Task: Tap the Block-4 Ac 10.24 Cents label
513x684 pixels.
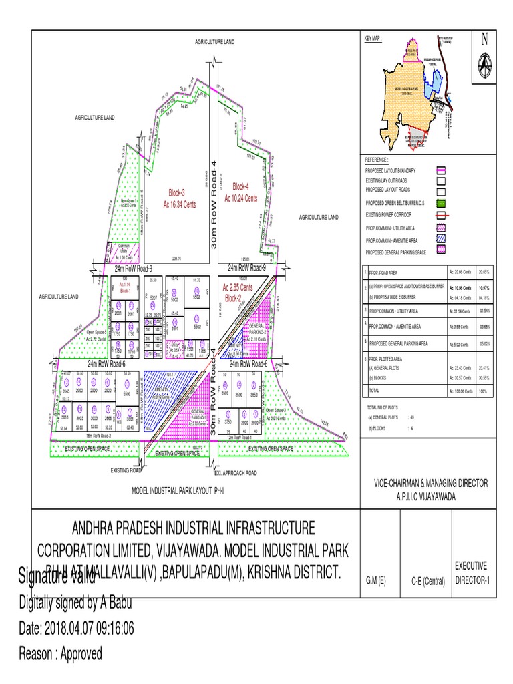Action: [x=240, y=186]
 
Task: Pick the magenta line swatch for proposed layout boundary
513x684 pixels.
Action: [x=442, y=171]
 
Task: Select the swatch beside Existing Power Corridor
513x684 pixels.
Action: [x=442, y=216]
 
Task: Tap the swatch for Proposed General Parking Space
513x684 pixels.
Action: [x=442, y=252]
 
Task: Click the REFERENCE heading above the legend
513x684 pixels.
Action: [x=375, y=161]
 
